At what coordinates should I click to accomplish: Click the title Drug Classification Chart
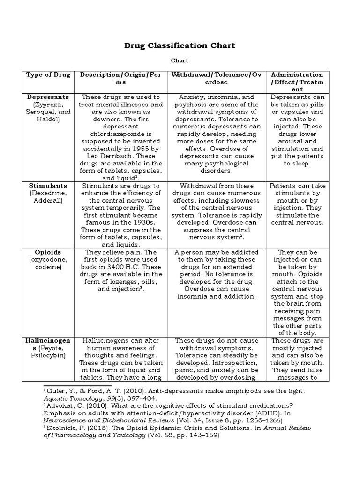click(180, 45)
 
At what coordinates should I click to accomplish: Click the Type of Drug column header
click(48, 75)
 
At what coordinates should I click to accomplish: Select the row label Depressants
click(48, 97)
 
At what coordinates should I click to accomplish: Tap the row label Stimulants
click(48, 186)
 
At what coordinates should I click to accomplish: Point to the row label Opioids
click(48, 252)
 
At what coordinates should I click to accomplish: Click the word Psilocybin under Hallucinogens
click(48, 355)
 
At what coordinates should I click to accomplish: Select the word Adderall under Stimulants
click(48, 201)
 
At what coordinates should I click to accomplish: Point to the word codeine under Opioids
click(48, 267)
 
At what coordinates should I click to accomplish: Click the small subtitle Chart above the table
click(180, 60)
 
